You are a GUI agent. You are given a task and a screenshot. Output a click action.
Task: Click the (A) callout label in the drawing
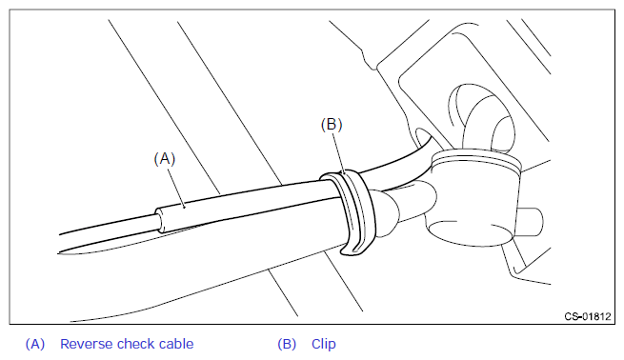pos(165,159)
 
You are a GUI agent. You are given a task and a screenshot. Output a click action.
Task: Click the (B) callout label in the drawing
pos(332,125)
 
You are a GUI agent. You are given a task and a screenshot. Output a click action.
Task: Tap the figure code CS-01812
pos(588,316)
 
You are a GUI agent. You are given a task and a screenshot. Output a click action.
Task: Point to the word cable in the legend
pos(176,344)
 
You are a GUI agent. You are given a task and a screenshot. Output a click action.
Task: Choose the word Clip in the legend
pos(324,344)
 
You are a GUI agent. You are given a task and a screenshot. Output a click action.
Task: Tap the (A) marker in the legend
pos(35,344)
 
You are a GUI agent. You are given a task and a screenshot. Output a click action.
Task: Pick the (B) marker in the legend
pos(287,344)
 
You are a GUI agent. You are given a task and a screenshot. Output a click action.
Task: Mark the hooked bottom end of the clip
pos(352,250)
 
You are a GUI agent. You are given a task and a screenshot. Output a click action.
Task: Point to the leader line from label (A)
pos(176,188)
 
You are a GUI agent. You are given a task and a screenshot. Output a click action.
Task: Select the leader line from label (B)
pos(338,152)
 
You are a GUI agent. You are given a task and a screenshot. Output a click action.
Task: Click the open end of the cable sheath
pos(159,220)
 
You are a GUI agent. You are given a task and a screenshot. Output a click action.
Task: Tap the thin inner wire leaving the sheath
pos(108,225)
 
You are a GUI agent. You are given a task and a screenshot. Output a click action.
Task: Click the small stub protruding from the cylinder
pos(531,222)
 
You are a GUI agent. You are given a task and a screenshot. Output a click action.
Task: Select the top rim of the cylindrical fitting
pos(476,160)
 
